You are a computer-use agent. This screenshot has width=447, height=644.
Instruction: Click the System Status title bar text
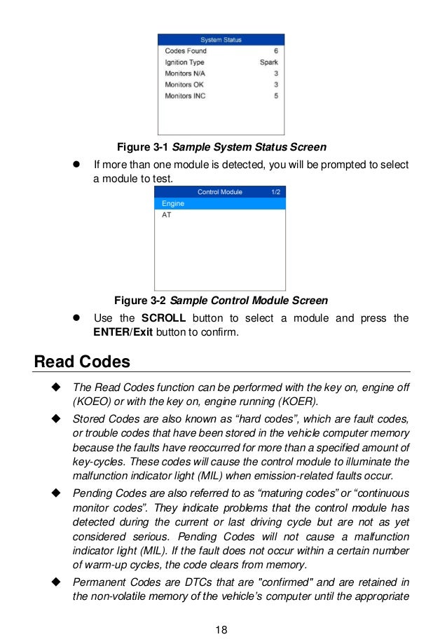221,39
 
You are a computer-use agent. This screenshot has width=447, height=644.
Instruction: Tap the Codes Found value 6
276,51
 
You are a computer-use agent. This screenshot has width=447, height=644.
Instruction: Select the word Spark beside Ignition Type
269,62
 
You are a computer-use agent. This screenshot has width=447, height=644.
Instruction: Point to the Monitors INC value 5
276,96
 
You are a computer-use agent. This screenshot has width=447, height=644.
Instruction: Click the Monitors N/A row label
185,74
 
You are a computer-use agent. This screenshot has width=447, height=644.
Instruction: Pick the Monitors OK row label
184,85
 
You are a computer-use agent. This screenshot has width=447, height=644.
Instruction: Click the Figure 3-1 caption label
142,147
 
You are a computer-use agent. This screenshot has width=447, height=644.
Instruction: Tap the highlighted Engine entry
173,203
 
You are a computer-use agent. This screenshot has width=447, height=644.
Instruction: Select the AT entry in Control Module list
167,215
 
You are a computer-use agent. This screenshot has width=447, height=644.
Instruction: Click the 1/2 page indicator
275,191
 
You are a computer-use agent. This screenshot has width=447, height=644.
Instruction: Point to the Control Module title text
220,191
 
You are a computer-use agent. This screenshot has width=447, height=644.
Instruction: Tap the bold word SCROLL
163,318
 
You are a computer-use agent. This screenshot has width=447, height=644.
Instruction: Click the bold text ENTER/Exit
123,332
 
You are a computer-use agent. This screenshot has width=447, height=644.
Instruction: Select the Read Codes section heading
82,362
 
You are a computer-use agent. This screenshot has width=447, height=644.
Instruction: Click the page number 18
222,629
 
